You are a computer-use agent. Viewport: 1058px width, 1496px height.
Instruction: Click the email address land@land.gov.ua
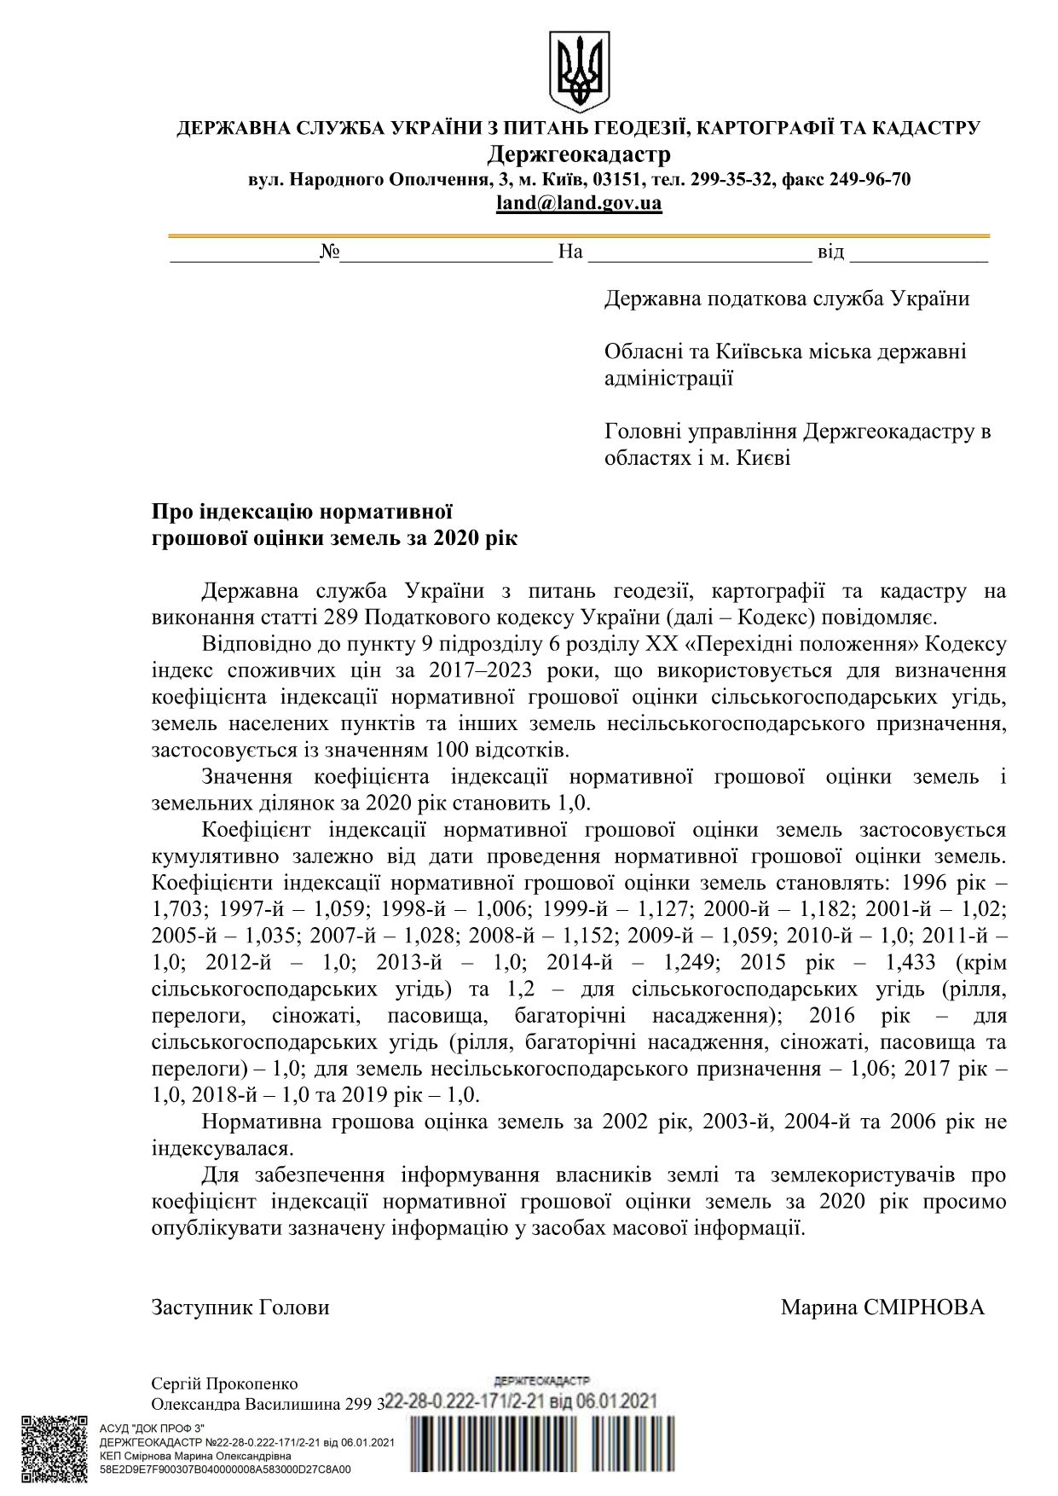579,204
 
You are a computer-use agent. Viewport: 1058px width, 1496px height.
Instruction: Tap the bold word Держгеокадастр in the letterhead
579,154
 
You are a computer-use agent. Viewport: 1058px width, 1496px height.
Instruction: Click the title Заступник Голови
240,1308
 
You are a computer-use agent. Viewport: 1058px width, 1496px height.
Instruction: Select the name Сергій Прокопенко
224,1383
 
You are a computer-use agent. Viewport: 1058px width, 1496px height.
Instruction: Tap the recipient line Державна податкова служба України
786,299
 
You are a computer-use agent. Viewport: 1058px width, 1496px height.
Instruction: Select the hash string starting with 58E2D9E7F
225,1470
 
